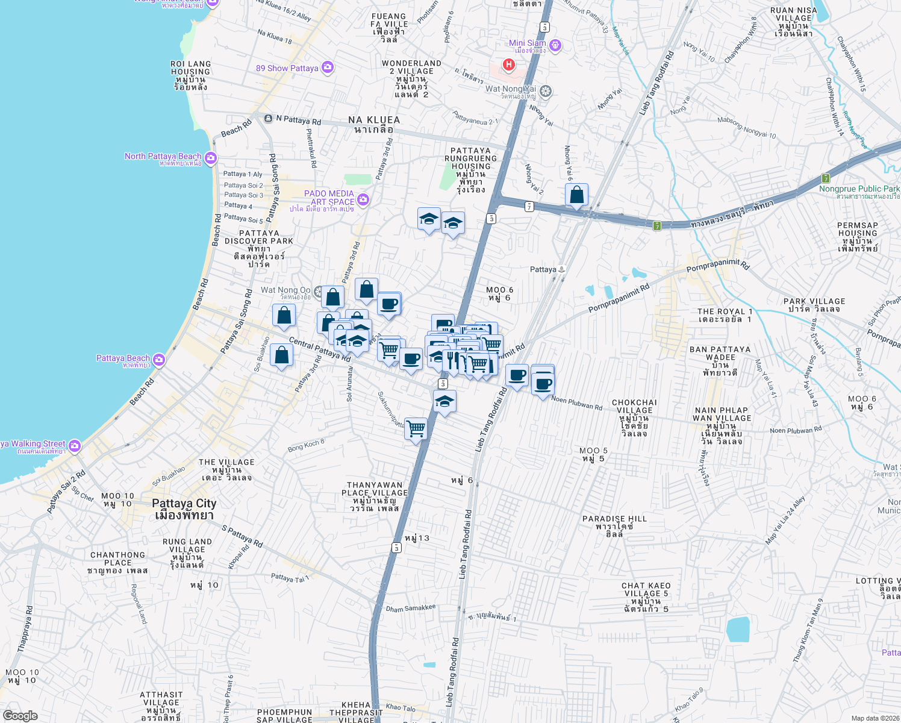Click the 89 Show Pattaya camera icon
[328, 67]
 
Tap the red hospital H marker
[509, 64]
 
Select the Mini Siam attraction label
[528, 43]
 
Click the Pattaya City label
[184, 504]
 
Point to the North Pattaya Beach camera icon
[210, 158]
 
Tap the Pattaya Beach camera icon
[158, 360]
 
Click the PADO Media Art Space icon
[363, 199]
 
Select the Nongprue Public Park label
[859, 189]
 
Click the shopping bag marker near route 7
[576, 195]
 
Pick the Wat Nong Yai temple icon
[546, 91]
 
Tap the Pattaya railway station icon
[561, 269]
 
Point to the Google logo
[20, 716]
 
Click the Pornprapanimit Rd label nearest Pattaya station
[619, 298]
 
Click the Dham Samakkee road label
[411, 609]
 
